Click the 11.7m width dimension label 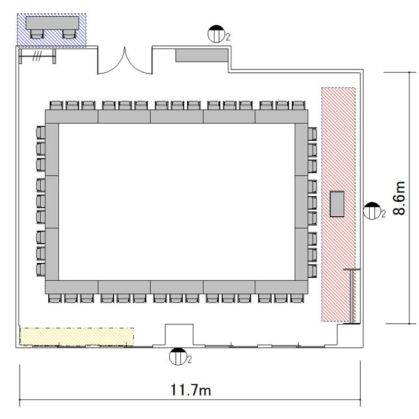pyautogui.click(x=190, y=390)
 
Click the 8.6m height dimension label pyautogui.click(x=399, y=198)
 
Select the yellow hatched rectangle pyautogui.click(x=77, y=337)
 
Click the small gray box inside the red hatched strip pyautogui.click(x=337, y=204)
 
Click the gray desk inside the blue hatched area pyautogui.click(x=53, y=23)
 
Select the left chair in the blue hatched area pyautogui.click(x=36, y=34)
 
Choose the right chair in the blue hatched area pyautogui.click(x=69, y=34)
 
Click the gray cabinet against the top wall pyautogui.click(x=202, y=55)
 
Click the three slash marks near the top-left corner pyautogui.click(x=37, y=56)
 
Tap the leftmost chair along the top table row pyautogui.click(x=57, y=105)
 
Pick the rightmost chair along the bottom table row pyautogui.click(x=297, y=298)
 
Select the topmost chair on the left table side pyautogui.click(x=41, y=133)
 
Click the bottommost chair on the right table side pyautogui.click(x=312, y=271)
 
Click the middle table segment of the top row pyautogui.click(x=176, y=117)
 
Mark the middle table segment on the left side pyautogui.click(x=52, y=202)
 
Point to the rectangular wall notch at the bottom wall pyautogui.click(x=179, y=335)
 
